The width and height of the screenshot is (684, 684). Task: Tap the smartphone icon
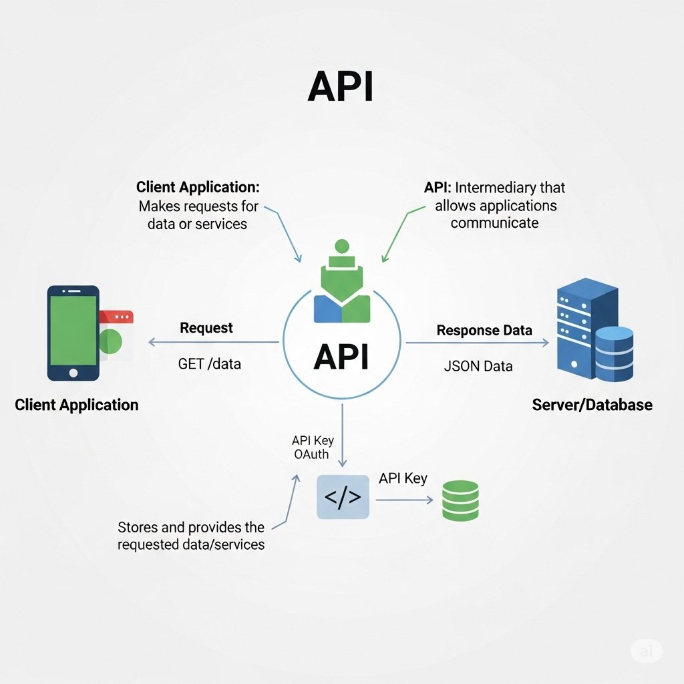(73, 333)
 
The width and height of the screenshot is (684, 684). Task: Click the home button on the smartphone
(73, 372)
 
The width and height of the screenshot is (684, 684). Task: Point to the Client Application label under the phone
(76, 405)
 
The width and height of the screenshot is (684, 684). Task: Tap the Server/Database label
(592, 405)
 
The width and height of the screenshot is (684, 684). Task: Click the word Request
(206, 328)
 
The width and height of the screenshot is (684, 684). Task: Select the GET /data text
(209, 365)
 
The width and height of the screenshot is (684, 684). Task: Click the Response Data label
(484, 331)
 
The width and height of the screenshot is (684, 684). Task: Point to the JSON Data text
(478, 366)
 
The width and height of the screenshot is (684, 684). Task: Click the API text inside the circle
(341, 358)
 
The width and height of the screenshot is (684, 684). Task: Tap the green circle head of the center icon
(342, 246)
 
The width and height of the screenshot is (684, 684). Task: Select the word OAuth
(311, 455)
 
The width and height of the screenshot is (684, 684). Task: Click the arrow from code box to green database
(401, 499)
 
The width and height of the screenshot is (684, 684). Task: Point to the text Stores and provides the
(191, 528)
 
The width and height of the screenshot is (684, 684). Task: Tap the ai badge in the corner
(646, 651)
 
